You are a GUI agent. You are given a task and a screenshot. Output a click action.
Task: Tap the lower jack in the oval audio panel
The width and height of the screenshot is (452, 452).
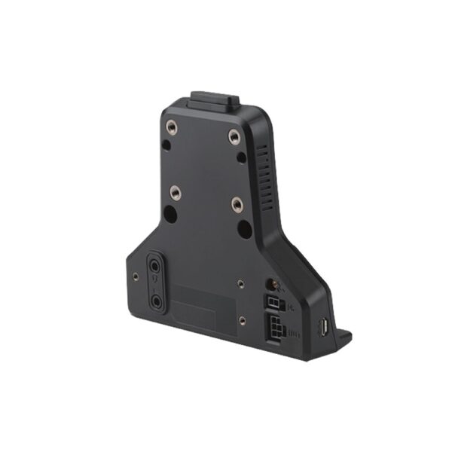click(x=157, y=299)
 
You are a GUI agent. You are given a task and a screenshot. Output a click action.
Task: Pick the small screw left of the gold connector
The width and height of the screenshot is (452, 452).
click(x=240, y=284)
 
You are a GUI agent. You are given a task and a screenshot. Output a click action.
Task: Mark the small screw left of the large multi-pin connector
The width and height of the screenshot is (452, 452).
click(x=242, y=320)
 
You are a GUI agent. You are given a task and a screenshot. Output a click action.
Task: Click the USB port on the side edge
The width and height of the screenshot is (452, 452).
click(x=322, y=328)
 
